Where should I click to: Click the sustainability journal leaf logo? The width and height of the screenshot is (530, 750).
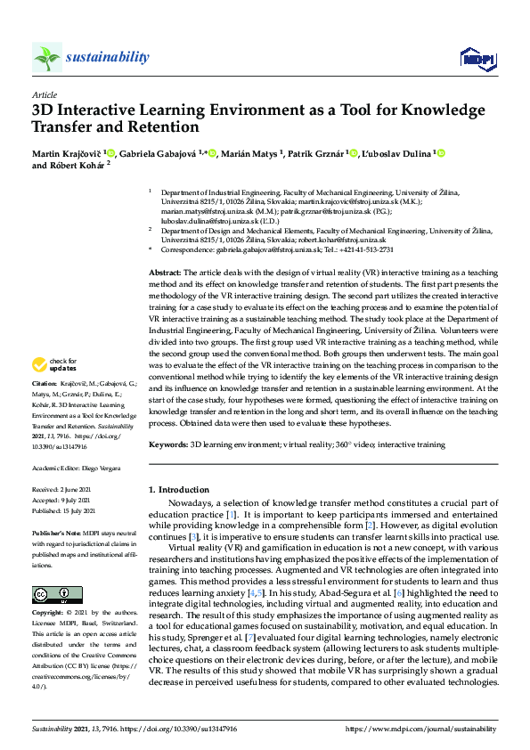(47, 57)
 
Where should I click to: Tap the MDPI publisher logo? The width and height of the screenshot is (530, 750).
(477, 59)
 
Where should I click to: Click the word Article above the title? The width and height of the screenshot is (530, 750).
(44, 95)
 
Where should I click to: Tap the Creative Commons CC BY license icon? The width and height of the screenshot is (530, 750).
(57, 594)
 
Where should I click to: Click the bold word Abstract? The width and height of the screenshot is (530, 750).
(165, 271)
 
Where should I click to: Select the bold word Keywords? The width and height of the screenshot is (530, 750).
(167, 444)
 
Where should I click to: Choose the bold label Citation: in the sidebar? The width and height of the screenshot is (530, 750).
(46, 408)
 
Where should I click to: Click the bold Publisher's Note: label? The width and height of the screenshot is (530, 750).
(58, 525)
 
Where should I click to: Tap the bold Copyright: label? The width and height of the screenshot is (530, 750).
(48, 614)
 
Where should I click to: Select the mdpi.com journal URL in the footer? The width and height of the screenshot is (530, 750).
(422, 729)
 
